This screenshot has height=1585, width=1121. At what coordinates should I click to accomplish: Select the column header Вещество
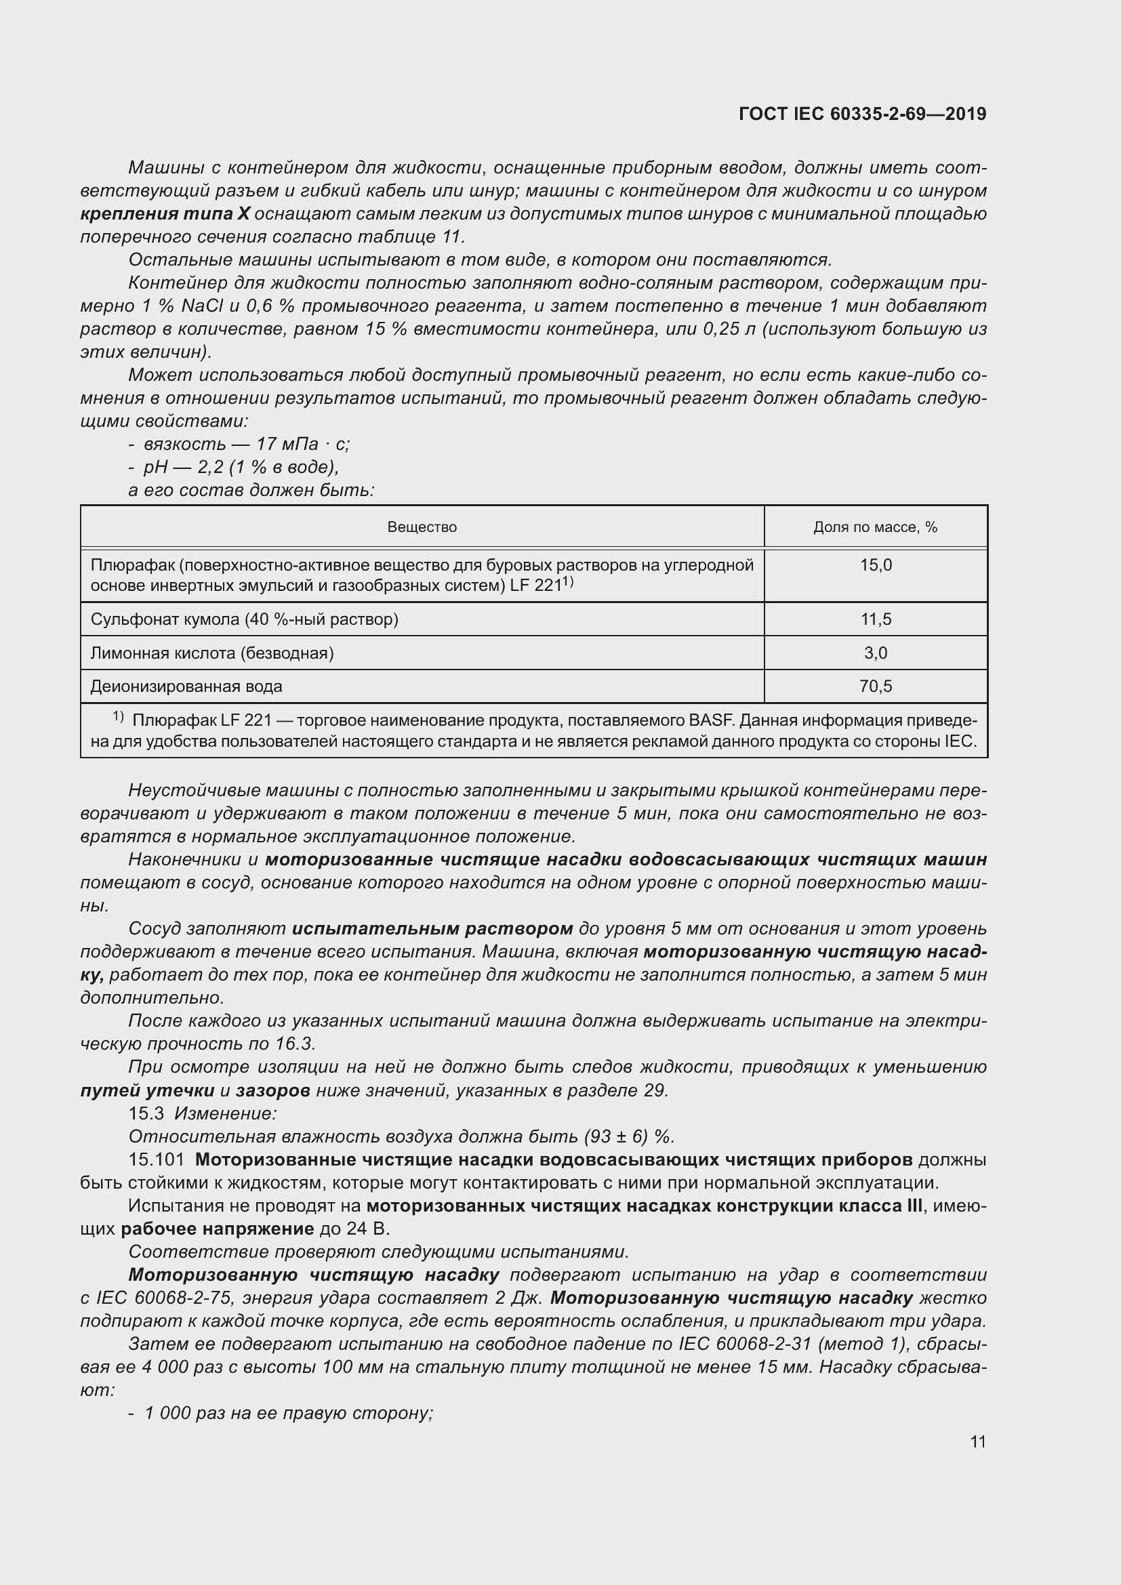pyautogui.click(x=422, y=527)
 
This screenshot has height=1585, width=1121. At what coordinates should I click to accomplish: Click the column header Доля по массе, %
pyautogui.click(x=874, y=527)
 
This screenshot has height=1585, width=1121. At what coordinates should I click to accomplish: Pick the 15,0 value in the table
pyautogui.click(x=875, y=565)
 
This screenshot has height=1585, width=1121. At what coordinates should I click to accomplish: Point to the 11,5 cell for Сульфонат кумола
pyautogui.click(x=875, y=619)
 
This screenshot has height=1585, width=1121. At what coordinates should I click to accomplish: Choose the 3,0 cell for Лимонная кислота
pyautogui.click(x=875, y=653)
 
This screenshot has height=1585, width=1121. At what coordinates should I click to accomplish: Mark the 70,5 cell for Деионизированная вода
pyautogui.click(x=875, y=686)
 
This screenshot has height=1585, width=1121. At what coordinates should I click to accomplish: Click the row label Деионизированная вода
pyautogui.click(x=186, y=686)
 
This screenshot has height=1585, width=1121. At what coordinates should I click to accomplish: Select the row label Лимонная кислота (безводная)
pyautogui.click(x=212, y=653)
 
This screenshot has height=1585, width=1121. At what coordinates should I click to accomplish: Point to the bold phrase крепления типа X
pyautogui.click(x=165, y=214)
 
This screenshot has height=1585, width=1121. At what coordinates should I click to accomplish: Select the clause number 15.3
pyautogui.click(x=146, y=1113)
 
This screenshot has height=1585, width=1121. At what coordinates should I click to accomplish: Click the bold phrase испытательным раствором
pyautogui.click(x=432, y=928)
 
